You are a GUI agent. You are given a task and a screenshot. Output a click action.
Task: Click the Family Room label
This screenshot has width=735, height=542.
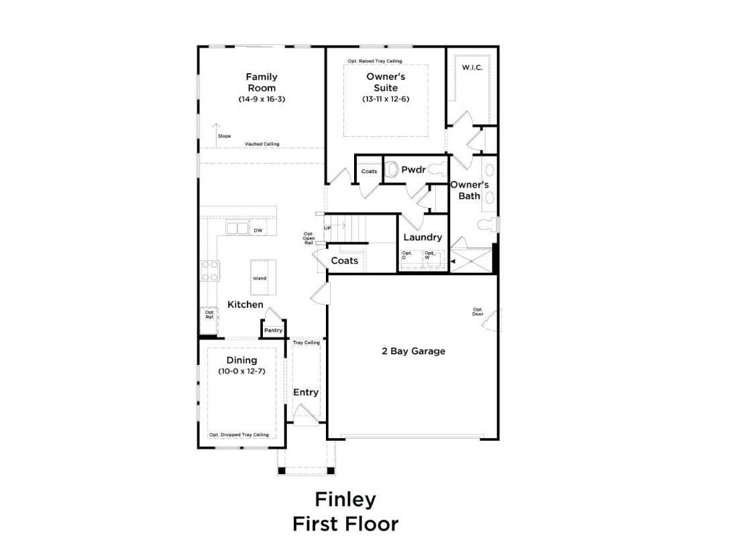point(262,82)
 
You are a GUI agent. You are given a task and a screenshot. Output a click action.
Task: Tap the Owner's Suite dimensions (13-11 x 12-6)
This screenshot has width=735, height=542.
point(386,99)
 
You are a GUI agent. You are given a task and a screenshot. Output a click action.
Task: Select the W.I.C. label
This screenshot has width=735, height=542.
point(472,68)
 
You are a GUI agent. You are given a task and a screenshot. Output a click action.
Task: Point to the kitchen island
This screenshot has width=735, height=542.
point(263,278)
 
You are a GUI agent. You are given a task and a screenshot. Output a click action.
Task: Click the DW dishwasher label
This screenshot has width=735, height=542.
point(258,230)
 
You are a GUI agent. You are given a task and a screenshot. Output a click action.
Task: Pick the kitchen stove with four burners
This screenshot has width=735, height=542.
point(210,270)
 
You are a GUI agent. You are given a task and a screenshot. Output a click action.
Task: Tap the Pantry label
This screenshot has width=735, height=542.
point(273,330)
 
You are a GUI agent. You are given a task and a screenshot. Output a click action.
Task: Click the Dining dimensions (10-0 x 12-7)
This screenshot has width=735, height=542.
point(241,371)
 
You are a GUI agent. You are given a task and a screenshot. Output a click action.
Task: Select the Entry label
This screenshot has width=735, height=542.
point(306,392)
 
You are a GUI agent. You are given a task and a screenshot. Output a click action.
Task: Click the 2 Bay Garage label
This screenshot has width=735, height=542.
point(413,351)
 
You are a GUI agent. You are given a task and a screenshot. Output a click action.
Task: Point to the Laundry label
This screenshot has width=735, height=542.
point(422,237)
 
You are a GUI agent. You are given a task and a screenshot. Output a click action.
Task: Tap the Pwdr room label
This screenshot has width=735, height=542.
point(413,169)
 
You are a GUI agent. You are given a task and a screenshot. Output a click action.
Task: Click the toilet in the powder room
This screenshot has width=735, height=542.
point(392,169)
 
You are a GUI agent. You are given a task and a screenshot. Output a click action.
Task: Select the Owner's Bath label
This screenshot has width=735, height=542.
point(469,190)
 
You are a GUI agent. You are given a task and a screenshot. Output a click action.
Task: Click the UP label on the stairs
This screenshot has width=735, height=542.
point(327,228)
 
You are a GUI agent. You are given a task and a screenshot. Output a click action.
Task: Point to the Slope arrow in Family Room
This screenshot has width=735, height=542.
point(216,135)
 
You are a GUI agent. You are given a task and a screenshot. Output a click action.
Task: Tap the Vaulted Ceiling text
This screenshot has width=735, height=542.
point(262,144)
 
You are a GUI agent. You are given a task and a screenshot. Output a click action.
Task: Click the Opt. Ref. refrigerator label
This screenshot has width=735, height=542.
point(209,315)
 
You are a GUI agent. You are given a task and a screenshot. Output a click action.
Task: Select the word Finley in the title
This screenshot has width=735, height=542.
point(345,500)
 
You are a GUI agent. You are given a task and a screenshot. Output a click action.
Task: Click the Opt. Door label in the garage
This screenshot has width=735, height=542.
point(477,312)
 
